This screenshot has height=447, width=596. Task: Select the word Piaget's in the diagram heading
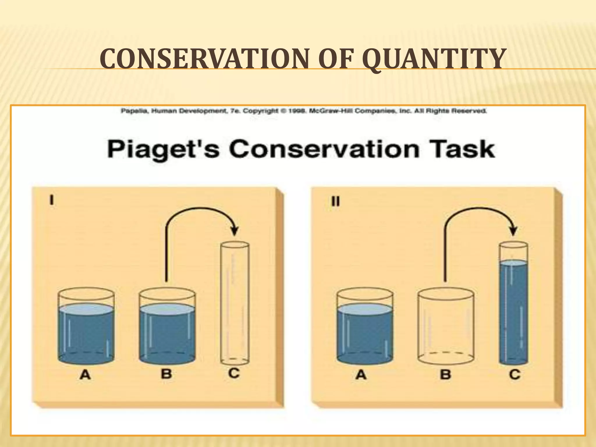[163, 149]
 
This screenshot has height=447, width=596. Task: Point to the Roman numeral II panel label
[336, 201]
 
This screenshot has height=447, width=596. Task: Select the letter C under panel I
[234, 373]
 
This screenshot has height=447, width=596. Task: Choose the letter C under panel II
[515, 374]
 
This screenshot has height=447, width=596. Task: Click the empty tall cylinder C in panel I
[235, 303]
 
